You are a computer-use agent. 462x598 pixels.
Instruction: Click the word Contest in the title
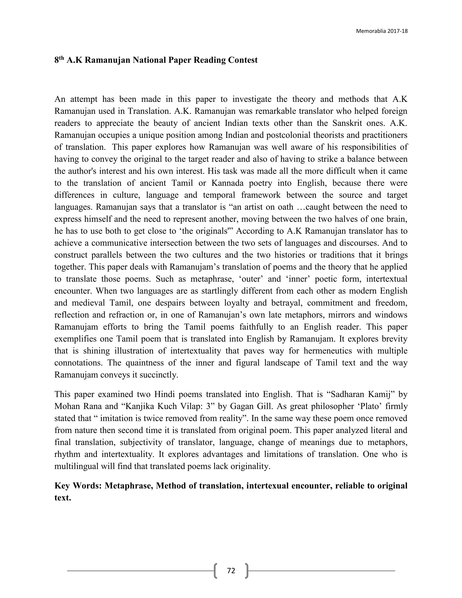pos(243,60)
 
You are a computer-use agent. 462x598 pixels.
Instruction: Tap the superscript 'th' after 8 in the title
pos(62,58)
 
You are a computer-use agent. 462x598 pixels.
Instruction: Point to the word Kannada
pos(227,183)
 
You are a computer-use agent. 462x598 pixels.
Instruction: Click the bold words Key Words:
pos(78,486)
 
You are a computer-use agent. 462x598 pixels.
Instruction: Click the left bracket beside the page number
pos(216,571)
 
